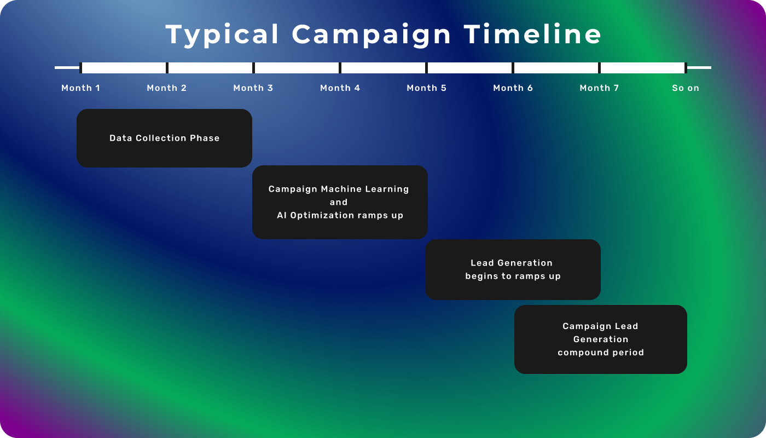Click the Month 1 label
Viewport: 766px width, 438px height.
81,88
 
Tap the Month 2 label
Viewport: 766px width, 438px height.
167,88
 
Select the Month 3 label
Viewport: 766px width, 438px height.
253,88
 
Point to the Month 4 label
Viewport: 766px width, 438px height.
340,88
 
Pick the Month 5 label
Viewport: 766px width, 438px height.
426,88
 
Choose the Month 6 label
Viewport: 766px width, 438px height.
513,88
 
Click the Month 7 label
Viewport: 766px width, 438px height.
600,88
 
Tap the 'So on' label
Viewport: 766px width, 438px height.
686,88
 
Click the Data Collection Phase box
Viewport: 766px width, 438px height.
165,138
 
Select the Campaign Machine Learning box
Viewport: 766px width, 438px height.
340,202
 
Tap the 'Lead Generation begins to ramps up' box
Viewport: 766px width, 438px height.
513,269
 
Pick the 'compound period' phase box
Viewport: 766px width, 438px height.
601,339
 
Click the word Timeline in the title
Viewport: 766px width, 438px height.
532,34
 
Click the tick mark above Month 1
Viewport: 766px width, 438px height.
81,68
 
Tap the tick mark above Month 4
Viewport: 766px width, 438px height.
340,68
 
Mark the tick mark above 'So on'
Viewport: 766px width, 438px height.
686,68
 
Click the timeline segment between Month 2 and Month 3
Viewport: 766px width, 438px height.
210,68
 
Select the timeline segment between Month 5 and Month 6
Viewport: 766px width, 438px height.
469,68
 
